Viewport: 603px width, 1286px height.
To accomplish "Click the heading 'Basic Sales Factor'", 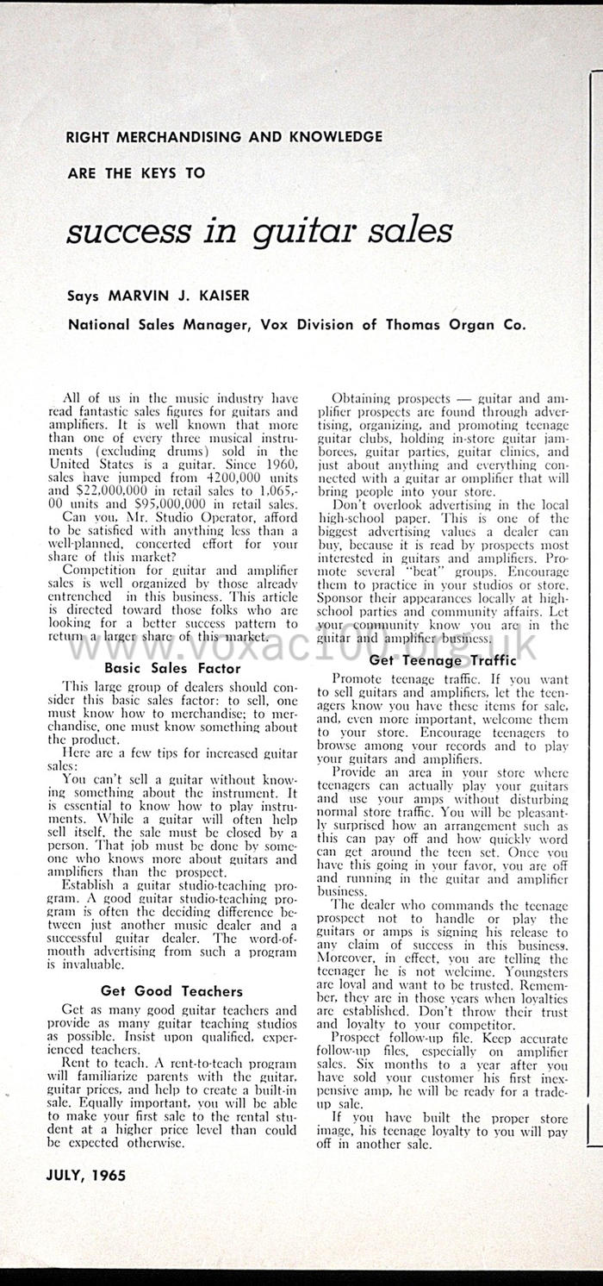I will pyautogui.click(x=172, y=667).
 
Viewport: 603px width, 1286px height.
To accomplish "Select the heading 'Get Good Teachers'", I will pyautogui.click(x=172, y=991).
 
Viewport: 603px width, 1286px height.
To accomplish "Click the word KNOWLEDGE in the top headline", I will pyautogui.click(x=330, y=136).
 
